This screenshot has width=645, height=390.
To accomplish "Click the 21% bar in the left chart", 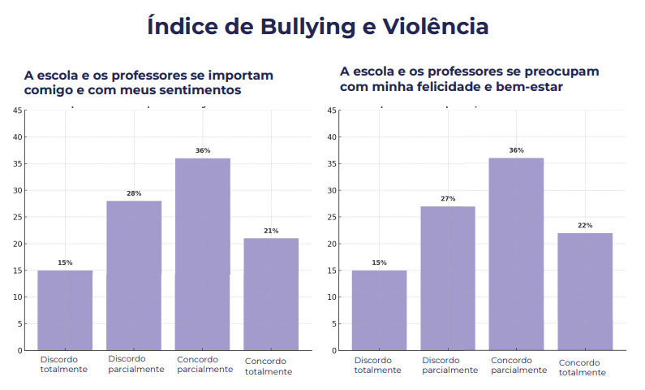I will point(271,293).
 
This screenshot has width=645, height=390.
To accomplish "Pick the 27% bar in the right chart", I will point(448,278).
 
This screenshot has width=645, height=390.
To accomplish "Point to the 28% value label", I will point(134,193).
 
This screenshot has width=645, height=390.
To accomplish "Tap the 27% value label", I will point(448,199).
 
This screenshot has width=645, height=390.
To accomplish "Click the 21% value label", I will point(271,231).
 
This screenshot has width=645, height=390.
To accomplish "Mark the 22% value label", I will point(585,225).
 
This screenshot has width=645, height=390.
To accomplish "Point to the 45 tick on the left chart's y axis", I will point(18,110).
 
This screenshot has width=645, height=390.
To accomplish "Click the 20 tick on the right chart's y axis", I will point(332,244).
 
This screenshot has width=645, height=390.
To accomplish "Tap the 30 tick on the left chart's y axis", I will point(18,190).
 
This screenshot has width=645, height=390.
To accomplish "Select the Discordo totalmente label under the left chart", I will point(64,364).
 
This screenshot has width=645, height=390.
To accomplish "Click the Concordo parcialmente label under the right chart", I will point(518,365).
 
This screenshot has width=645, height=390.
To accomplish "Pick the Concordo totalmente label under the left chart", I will point(269,366).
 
